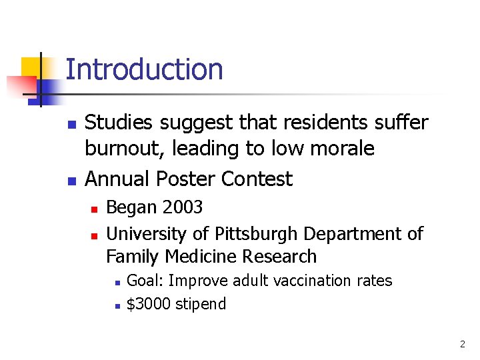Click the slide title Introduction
point(144,69)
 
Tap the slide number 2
point(462,345)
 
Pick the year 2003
point(182,207)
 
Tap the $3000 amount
point(148,304)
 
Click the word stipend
point(200,305)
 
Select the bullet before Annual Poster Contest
point(71,181)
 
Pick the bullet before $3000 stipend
point(116,306)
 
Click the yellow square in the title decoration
point(33,69)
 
